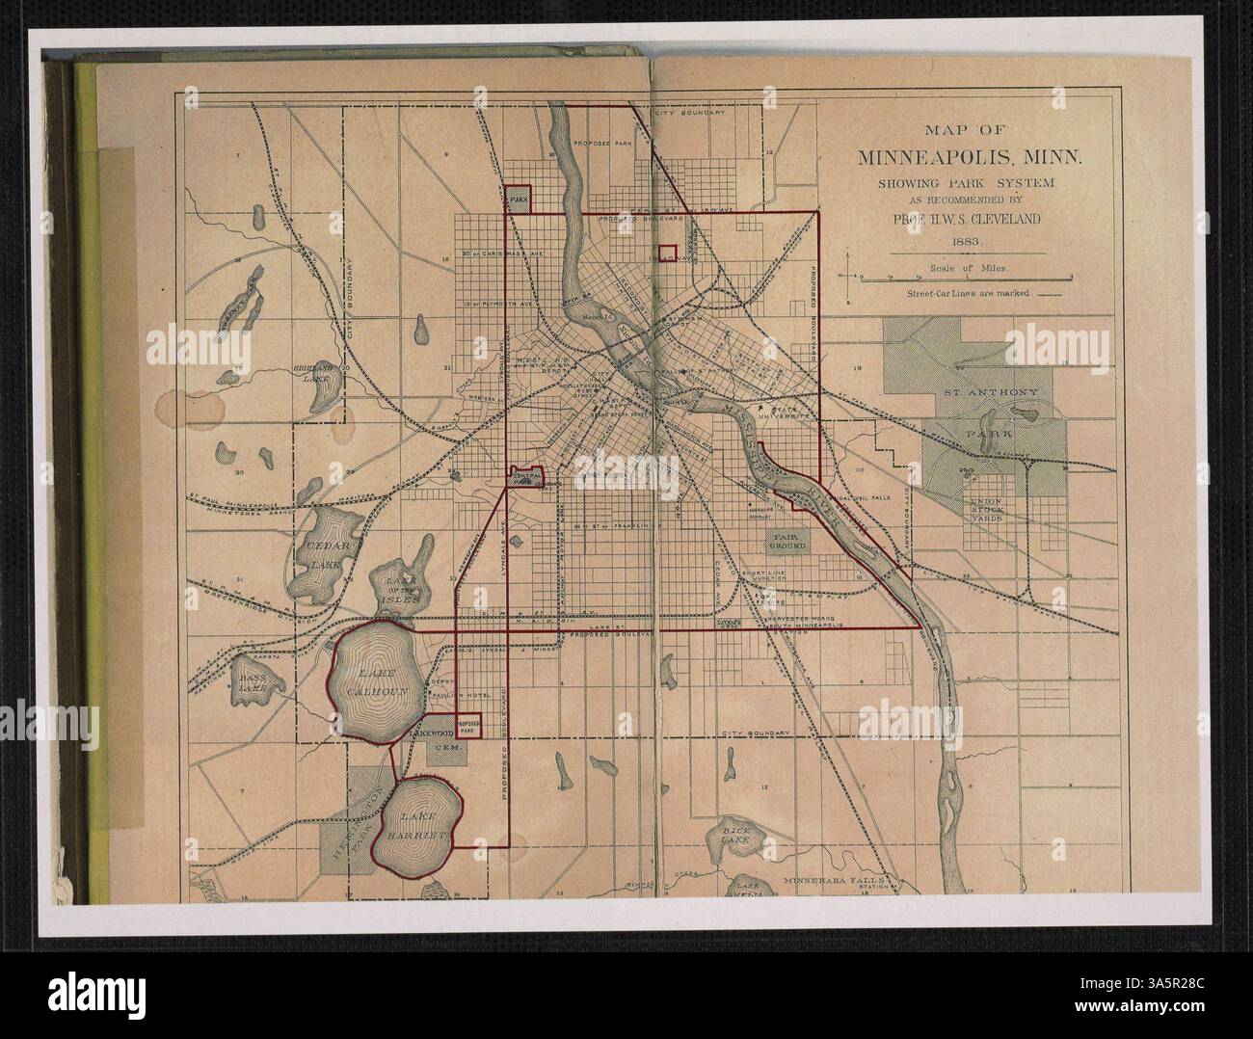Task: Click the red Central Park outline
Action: click(x=526, y=477)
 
